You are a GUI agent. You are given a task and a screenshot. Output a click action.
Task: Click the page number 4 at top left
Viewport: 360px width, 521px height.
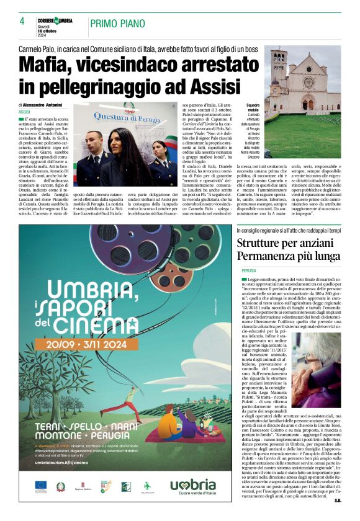22,22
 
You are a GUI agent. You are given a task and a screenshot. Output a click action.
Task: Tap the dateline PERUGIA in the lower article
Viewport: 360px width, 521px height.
248,271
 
